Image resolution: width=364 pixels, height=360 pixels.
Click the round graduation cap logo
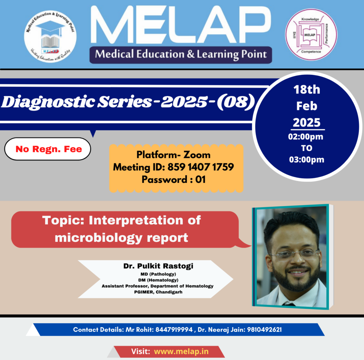point(50,37)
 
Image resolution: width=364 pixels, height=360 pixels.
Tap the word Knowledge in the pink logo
point(310,19)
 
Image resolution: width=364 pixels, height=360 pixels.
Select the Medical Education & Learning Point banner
point(181,55)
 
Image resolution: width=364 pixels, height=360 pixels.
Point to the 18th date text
point(307,90)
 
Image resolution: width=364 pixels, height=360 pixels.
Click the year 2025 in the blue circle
point(307,122)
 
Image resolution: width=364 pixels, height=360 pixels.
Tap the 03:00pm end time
point(306,160)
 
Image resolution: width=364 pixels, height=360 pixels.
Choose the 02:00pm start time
point(306,137)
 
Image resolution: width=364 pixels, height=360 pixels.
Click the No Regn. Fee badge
point(48,149)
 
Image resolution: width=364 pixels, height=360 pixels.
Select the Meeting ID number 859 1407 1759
point(200,167)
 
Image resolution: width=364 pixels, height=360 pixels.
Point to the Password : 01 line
point(173,180)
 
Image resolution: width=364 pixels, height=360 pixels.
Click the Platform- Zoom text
point(173,155)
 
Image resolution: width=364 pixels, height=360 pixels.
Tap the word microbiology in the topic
point(98,238)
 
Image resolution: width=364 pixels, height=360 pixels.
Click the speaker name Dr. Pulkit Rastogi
point(158,266)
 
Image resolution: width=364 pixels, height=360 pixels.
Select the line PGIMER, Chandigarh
point(158,292)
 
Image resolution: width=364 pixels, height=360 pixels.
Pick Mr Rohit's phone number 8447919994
point(174,329)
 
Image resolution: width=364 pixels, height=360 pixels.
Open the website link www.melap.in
point(181,351)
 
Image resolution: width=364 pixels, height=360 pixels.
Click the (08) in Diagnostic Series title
point(236,102)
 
